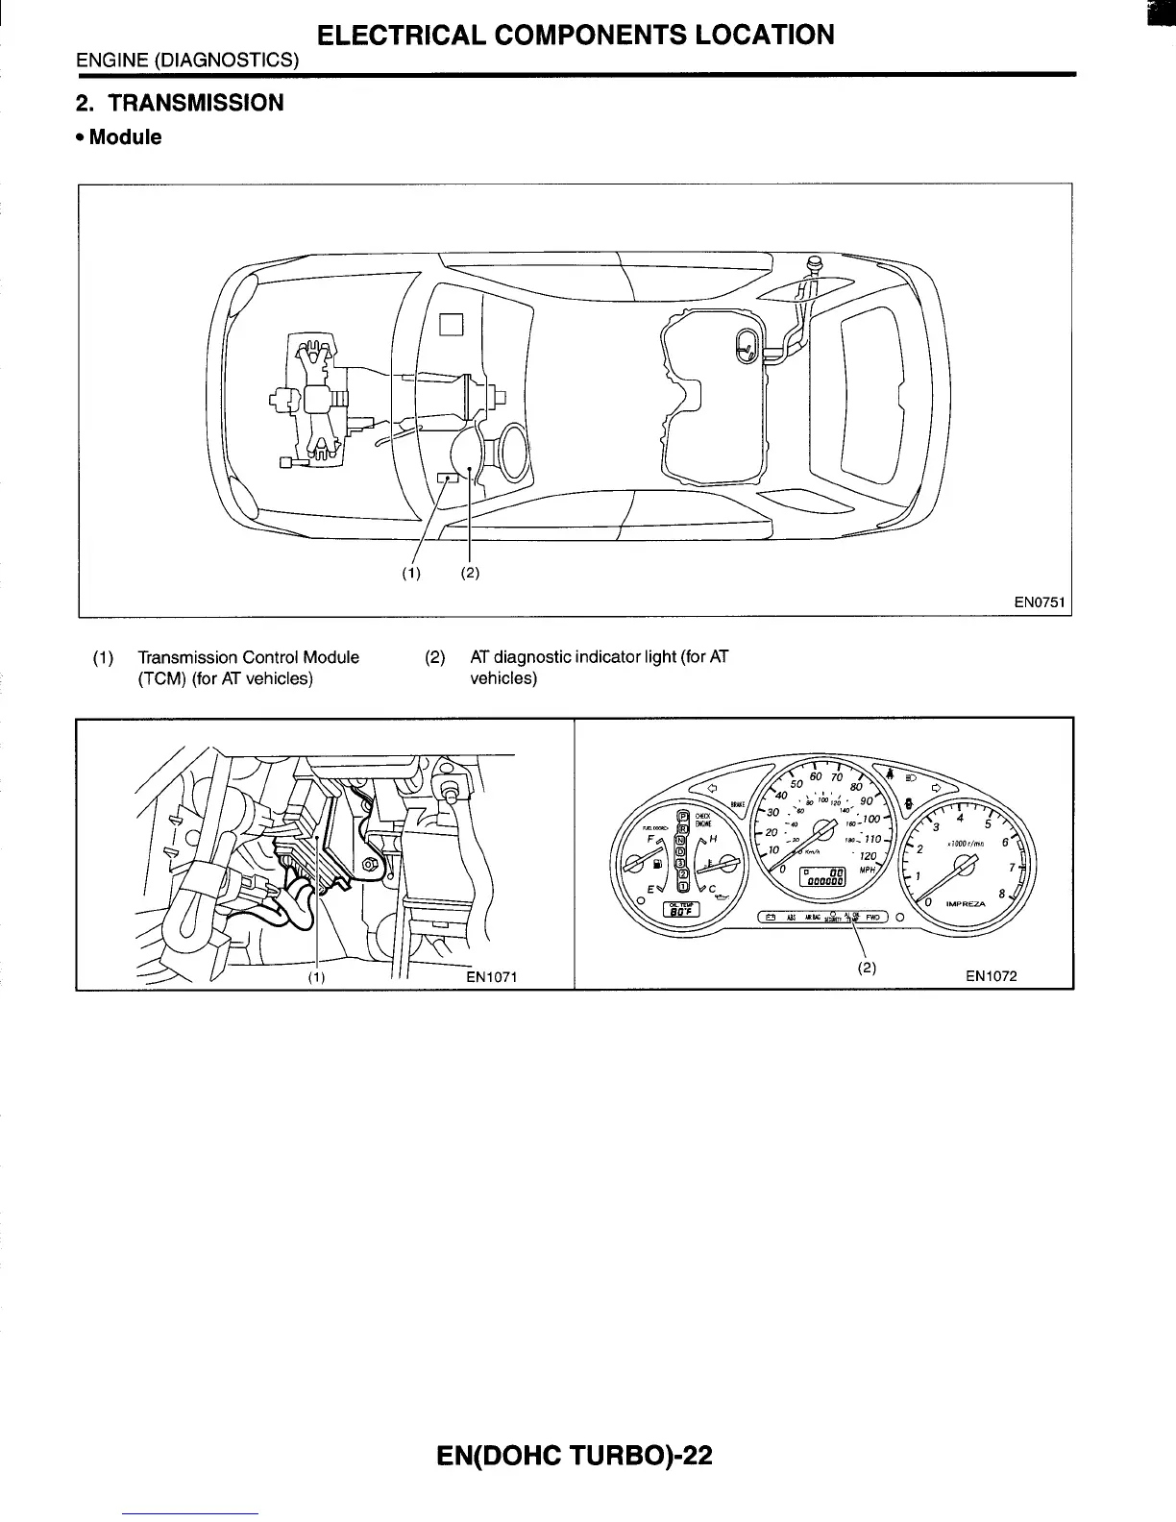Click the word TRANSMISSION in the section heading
tap(196, 103)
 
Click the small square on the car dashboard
tap(452, 325)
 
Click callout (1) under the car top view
tap(411, 574)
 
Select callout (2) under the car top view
tap(469, 574)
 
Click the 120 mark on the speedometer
tap(868, 855)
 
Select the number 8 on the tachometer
tap(1002, 893)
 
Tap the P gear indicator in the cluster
tap(683, 817)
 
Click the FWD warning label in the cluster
tap(872, 917)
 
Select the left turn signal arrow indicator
tap(712, 790)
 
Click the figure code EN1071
tap(492, 977)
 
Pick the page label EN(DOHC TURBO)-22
tap(575, 1456)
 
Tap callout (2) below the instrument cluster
tap(867, 968)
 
